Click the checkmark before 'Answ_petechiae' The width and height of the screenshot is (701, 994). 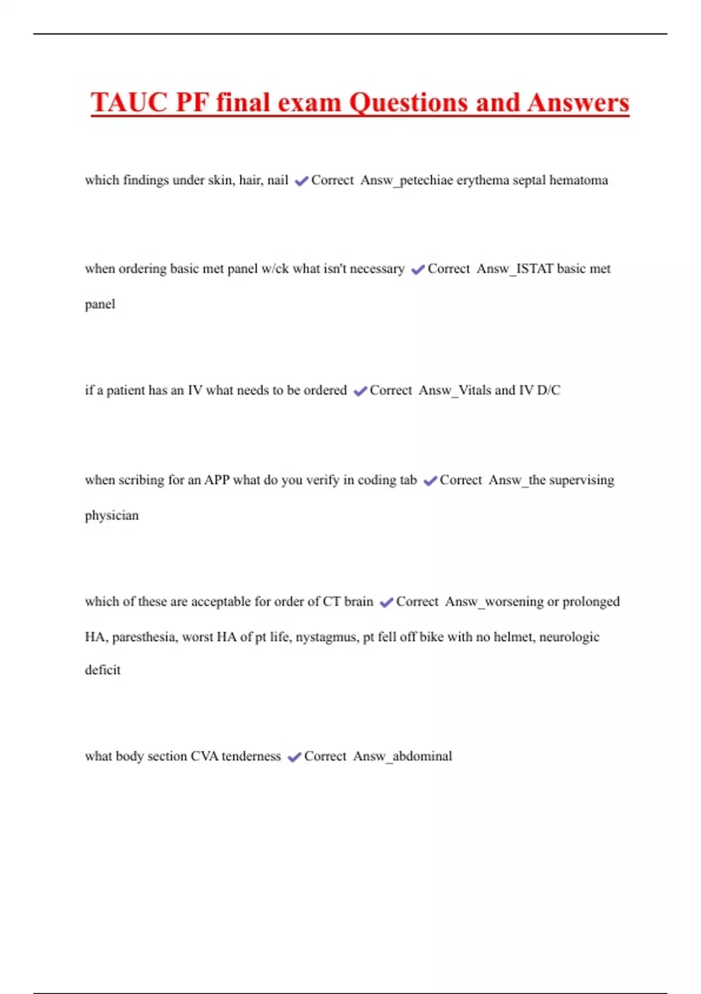301,181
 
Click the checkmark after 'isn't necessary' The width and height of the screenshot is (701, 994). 418,270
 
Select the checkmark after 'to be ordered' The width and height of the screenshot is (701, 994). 360,391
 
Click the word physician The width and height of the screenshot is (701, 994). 112,516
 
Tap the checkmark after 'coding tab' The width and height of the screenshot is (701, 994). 430,481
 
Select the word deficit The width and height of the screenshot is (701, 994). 103,670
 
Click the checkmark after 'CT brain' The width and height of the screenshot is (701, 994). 386,603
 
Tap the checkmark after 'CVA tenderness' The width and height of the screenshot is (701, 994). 294,757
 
